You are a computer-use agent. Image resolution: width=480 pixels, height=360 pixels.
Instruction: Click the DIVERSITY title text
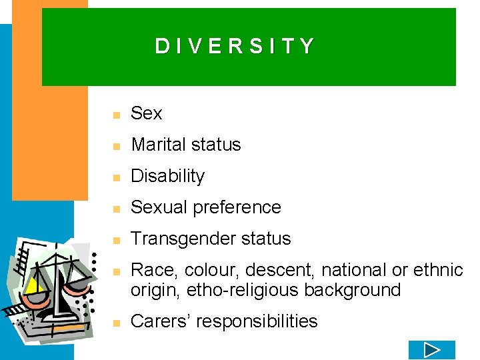click(x=234, y=46)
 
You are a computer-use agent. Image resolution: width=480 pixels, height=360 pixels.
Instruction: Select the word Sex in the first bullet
click(x=146, y=113)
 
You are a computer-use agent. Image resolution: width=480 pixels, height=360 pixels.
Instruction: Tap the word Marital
click(x=157, y=145)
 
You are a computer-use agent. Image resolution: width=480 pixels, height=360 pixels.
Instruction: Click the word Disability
click(x=167, y=176)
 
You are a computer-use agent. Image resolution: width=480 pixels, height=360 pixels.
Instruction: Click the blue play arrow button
click(x=431, y=350)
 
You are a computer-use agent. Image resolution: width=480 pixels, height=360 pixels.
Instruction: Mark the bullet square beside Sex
click(x=116, y=115)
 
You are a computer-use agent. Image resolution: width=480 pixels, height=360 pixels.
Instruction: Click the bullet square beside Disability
click(x=116, y=178)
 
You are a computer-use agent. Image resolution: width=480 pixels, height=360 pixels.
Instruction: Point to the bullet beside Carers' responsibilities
click(x=116, y=323)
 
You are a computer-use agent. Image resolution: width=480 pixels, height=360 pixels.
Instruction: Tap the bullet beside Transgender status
click(x=116, y=241)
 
